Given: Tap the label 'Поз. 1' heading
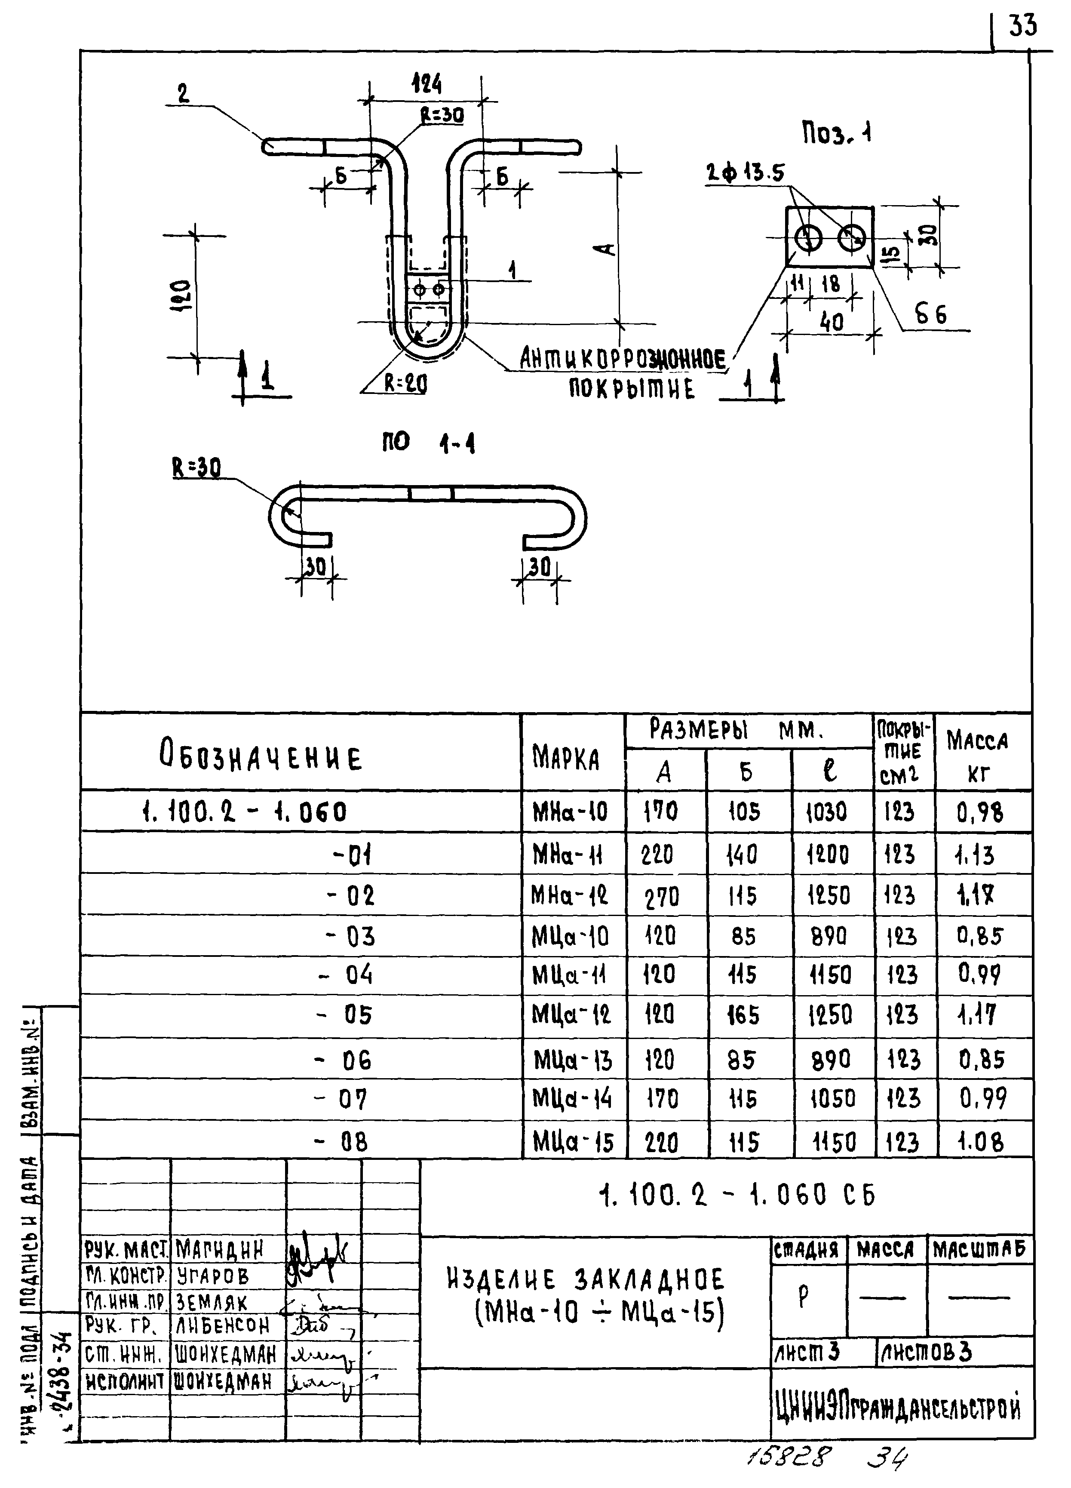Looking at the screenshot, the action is point(837,135).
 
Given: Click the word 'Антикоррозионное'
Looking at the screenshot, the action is point(623,360).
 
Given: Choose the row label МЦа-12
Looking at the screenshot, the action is point(571,1015).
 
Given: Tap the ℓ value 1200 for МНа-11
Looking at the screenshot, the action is point(828,854).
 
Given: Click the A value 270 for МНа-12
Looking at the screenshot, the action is point(662,896).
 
